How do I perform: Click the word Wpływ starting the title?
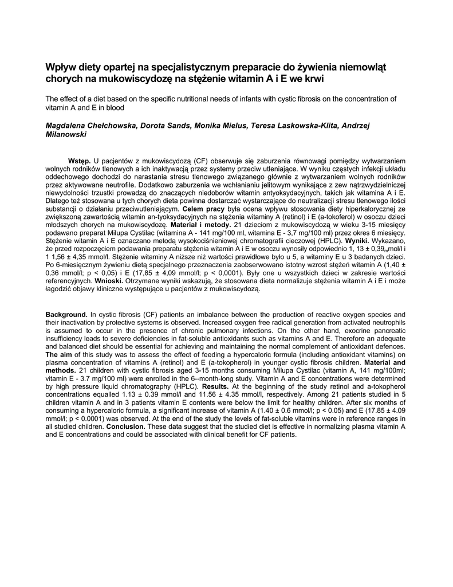(60, 67)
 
